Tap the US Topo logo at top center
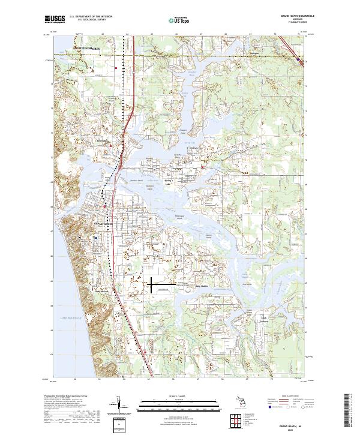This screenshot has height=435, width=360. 181,20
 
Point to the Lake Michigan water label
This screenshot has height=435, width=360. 71,316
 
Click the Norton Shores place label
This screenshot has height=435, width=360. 84,46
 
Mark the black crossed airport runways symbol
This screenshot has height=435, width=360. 152,284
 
